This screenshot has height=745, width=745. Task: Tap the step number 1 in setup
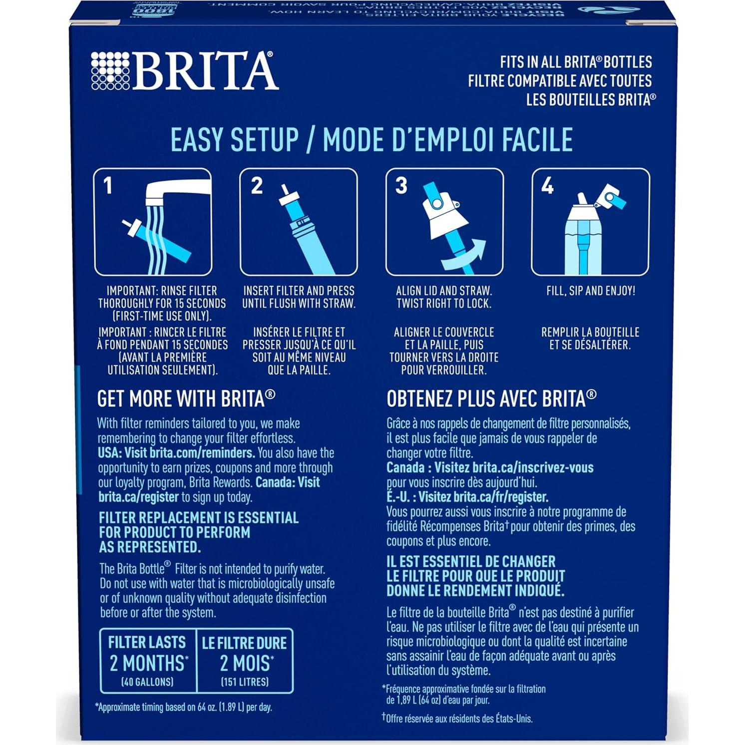point(108,186)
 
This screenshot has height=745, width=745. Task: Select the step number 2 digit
point(257,186)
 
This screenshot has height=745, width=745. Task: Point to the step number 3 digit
point(401,185)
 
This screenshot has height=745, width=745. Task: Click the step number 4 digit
point(547,186)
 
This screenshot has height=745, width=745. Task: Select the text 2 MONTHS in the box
point(149,663)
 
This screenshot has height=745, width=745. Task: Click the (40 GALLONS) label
point(147,682)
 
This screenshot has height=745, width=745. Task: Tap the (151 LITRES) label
point(245,682)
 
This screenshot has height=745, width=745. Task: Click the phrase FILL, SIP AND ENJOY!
point(591,291)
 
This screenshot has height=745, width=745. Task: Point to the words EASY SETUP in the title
point(235,140)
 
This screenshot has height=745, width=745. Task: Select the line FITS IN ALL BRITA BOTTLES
point(576,62)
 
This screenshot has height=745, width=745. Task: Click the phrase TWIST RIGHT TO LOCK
point(444,304)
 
